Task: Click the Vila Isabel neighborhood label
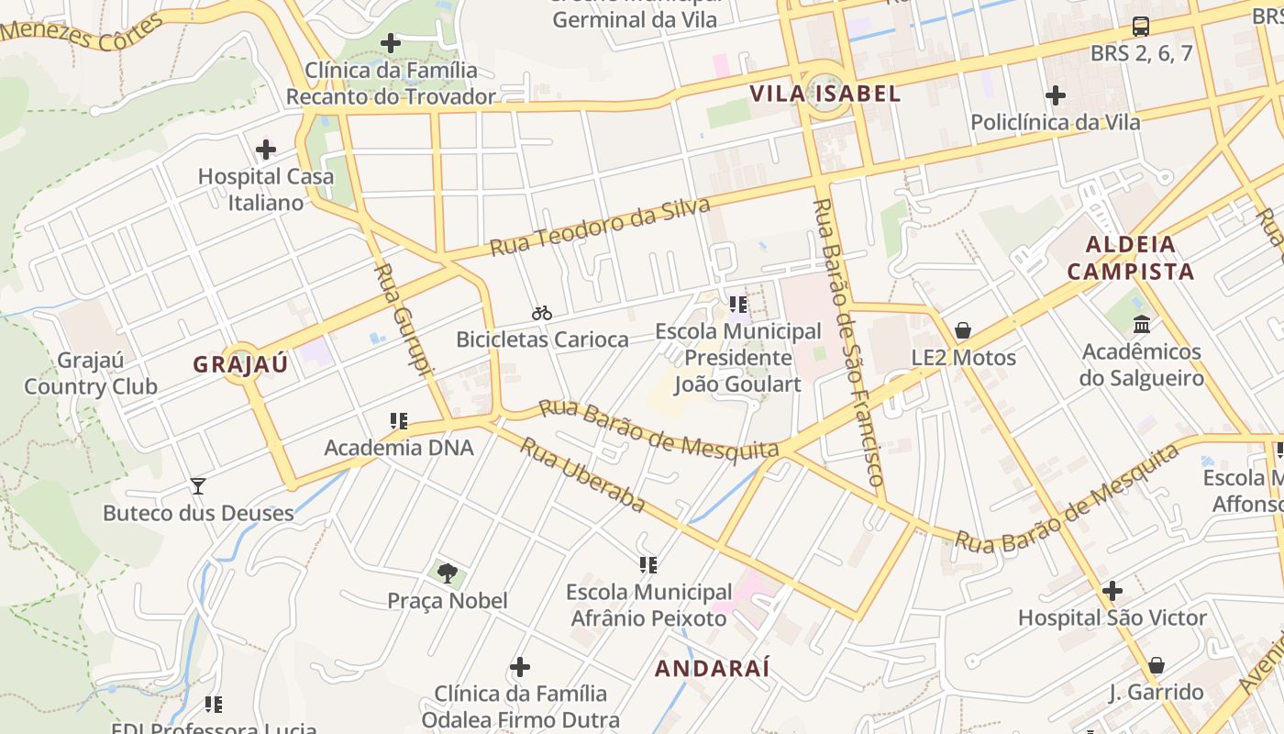(x=825, y=94)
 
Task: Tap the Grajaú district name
(x=240, y=364)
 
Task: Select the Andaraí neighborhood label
(x=712, y=668)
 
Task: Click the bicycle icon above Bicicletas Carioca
(x=542, y=313)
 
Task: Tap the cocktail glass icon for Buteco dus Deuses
(x=197, y=485)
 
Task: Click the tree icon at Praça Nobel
(x=447, y=573)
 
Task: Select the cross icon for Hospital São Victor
(x=1112, y=591)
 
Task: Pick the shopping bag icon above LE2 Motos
(x=963, y=330)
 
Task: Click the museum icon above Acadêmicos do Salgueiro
(x=1142, y=324)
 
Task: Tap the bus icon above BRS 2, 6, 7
(x=1141, y=27)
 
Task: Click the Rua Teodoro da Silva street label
(x=600, y=227)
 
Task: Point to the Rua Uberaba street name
(x=582, y=475)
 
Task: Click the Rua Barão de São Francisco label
(x=848, y=341)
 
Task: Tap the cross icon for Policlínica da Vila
(x=1056, y=95)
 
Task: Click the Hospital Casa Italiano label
(x=266, y=189)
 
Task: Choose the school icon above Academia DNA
(x=398, y=421)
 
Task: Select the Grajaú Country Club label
(x=90, y=373)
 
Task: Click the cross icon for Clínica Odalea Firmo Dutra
(x=520, y=666)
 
